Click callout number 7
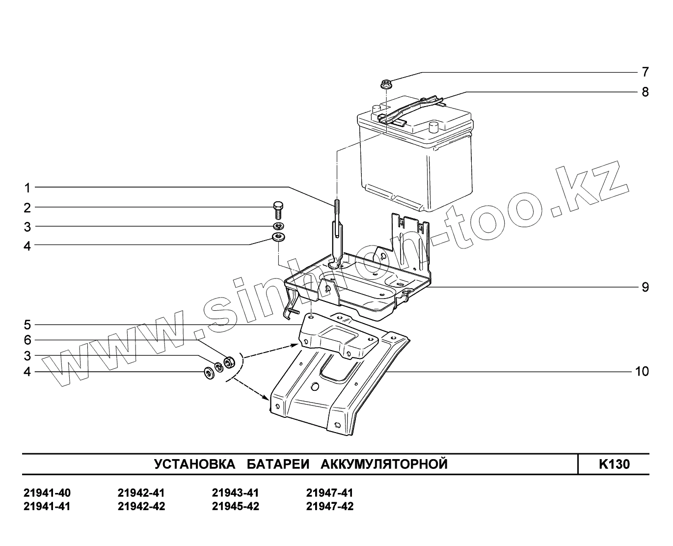click(645, 72)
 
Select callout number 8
click(645, 92)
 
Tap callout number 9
click(645, 287)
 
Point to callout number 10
click(642, 372)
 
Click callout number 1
click(28, 188)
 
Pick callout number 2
click(28, 208)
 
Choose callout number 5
click(28, 325)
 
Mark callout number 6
click(28, 340)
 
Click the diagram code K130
click(614, 464)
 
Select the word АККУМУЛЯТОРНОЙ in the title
click(384, 464)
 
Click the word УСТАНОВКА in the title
click(194, 464)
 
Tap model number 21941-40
click(47, 493)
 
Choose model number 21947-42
click(329, 506)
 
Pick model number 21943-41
click(235, 493)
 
